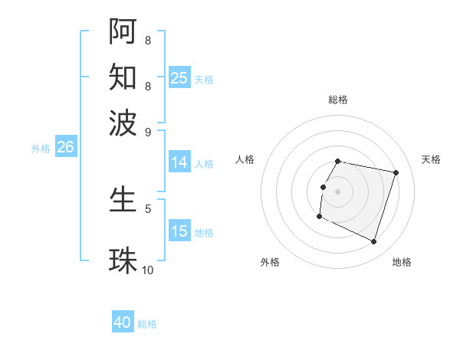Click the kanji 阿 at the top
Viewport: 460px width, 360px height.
point(123,31)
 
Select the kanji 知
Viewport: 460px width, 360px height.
point(123,77)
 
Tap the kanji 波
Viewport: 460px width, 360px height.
point(123,123)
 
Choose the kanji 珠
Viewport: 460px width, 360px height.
point(123,260)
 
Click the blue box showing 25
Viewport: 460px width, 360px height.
point(179,78)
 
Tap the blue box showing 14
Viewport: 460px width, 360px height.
point(179,162)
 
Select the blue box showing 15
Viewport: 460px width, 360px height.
point(179,231)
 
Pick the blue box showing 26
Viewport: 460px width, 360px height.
point(65,148)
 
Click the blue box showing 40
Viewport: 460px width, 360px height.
point(123,322)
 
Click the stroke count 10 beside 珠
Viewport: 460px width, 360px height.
point(148,270)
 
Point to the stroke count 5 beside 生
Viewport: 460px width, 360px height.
point(148,208)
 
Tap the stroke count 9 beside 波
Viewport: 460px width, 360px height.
point(148,131)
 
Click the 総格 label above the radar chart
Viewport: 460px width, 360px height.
point(338,100)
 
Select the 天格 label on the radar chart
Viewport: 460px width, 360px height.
point(431,159)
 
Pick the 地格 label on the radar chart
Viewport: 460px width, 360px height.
point(402,262)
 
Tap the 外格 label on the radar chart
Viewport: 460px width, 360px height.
point(270,262)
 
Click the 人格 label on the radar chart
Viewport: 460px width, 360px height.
point(245,159)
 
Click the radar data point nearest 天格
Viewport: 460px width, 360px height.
point(396,173)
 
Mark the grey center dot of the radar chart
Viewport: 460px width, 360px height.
point(338,191)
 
